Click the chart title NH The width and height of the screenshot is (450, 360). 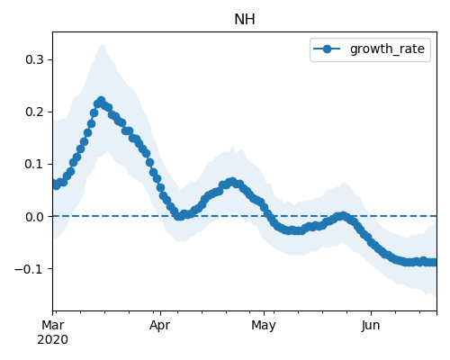point(245,20)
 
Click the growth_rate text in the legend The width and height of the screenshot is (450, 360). point(387,49)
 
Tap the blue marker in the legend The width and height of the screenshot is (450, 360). point(327,49)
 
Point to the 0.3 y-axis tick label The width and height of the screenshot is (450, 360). point(34,59)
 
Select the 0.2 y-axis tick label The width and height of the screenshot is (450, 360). point(34,112)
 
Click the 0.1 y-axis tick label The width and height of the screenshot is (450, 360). point(34,164)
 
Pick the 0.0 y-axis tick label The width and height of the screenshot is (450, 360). point(34,216)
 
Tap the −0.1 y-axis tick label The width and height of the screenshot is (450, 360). point(30,269)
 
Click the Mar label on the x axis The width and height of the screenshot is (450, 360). point(53,325)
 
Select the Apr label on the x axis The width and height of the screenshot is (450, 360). point(160,325)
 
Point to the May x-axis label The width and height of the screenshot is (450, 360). point(264,325)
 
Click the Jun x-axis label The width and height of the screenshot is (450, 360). point(371,325)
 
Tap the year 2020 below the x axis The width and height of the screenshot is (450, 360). point(53,339)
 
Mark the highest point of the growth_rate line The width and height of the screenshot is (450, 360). point(102,100)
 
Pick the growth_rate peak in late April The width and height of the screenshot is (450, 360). point(232,182)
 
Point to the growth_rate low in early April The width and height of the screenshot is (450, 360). point(179,216)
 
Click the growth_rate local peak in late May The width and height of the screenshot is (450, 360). point(343,215)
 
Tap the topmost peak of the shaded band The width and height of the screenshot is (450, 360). point(103,45)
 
